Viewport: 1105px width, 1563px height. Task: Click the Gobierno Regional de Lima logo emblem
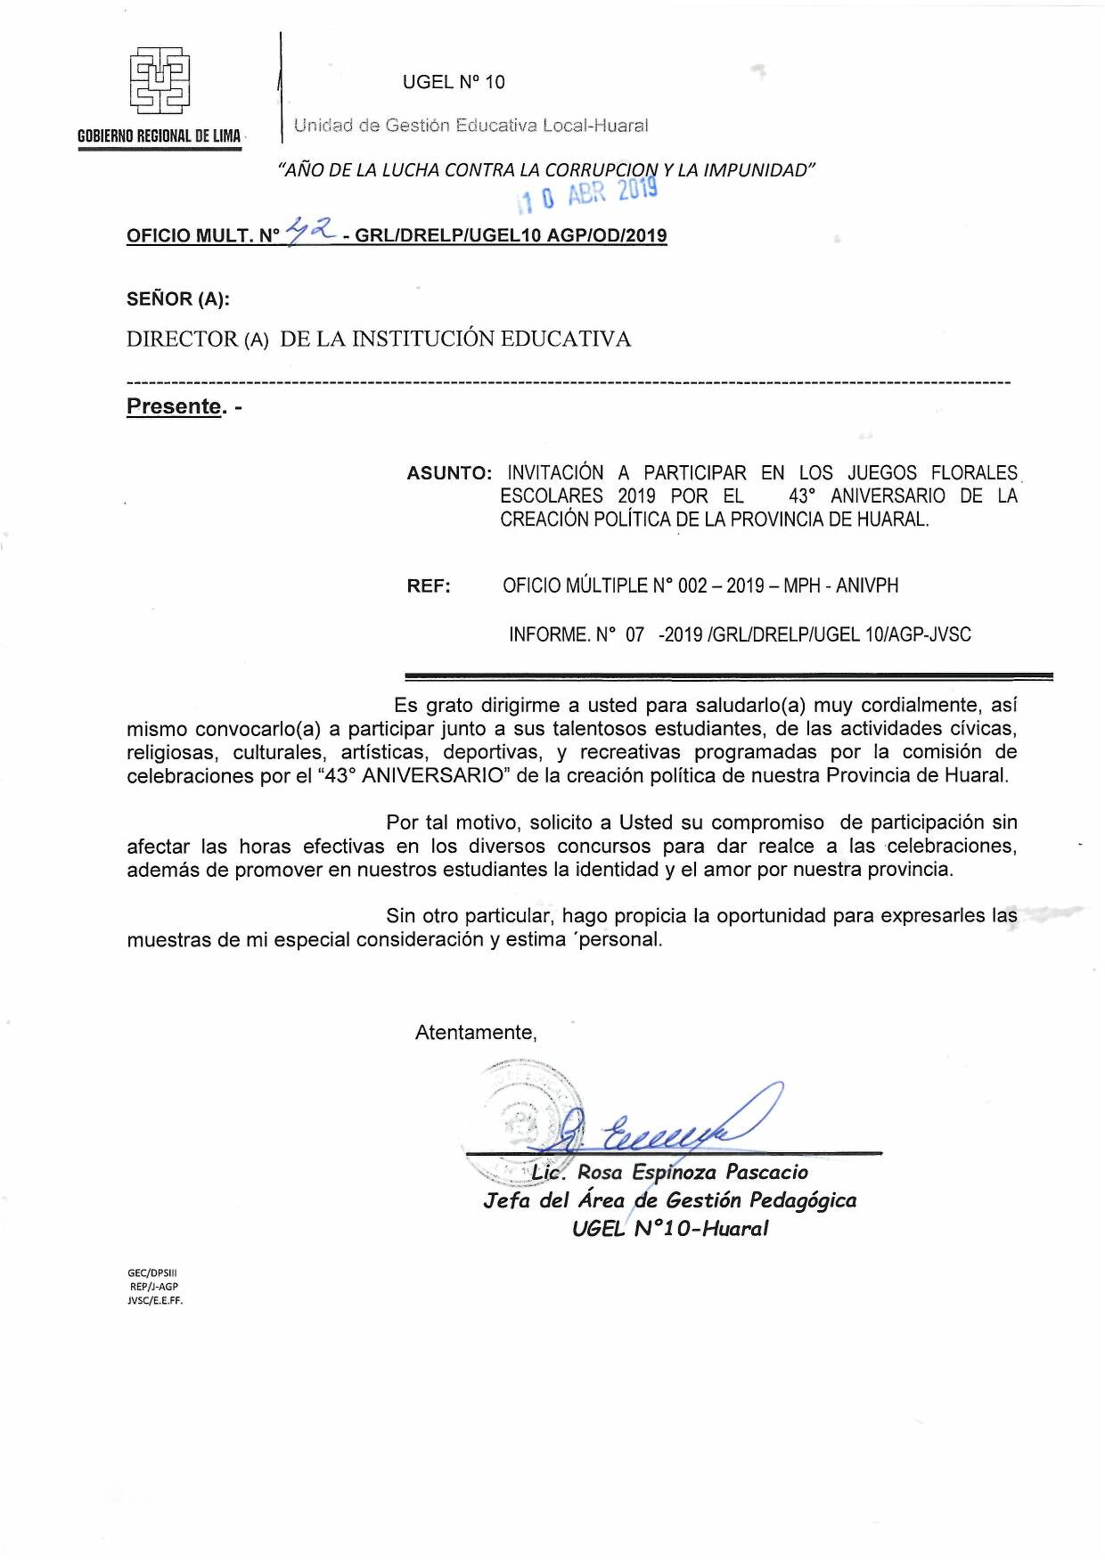pos(160,81)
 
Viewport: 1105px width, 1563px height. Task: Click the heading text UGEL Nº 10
pos(454,82)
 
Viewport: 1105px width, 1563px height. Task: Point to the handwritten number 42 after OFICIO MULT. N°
pos(310,231)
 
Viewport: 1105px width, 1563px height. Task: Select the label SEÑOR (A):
pos(178,299)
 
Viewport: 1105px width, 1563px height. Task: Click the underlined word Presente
pos(174,406)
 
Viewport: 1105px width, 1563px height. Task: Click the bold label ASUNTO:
pos(449,473)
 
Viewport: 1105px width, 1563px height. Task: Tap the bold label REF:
pos(429,586)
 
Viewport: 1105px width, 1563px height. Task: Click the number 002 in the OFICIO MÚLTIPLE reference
pos(692,585)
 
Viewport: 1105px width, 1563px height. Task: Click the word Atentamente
pos(476,1033)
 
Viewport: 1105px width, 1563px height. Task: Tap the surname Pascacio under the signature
pos(766,1172)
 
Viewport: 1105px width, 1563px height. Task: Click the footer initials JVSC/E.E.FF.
pos(155,1300)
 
